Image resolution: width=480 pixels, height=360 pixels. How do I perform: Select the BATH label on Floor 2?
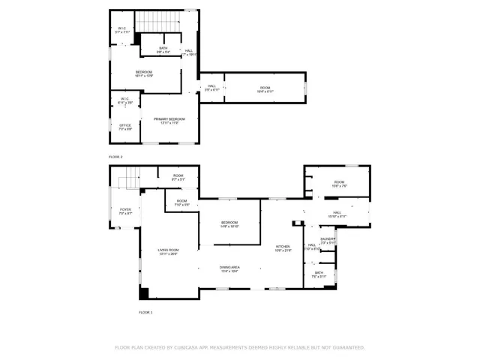(163, 50)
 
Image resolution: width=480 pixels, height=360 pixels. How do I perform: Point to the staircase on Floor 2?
(160, 22)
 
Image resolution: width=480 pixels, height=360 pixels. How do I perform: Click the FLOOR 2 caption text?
(115, 157)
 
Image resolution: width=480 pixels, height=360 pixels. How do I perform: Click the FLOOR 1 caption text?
(145, 311)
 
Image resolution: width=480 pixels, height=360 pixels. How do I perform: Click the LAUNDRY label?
(328, 240)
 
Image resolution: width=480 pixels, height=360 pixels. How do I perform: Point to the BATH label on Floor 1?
(319, 274)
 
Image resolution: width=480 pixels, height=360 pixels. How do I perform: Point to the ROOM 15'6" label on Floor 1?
(339, 184)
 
